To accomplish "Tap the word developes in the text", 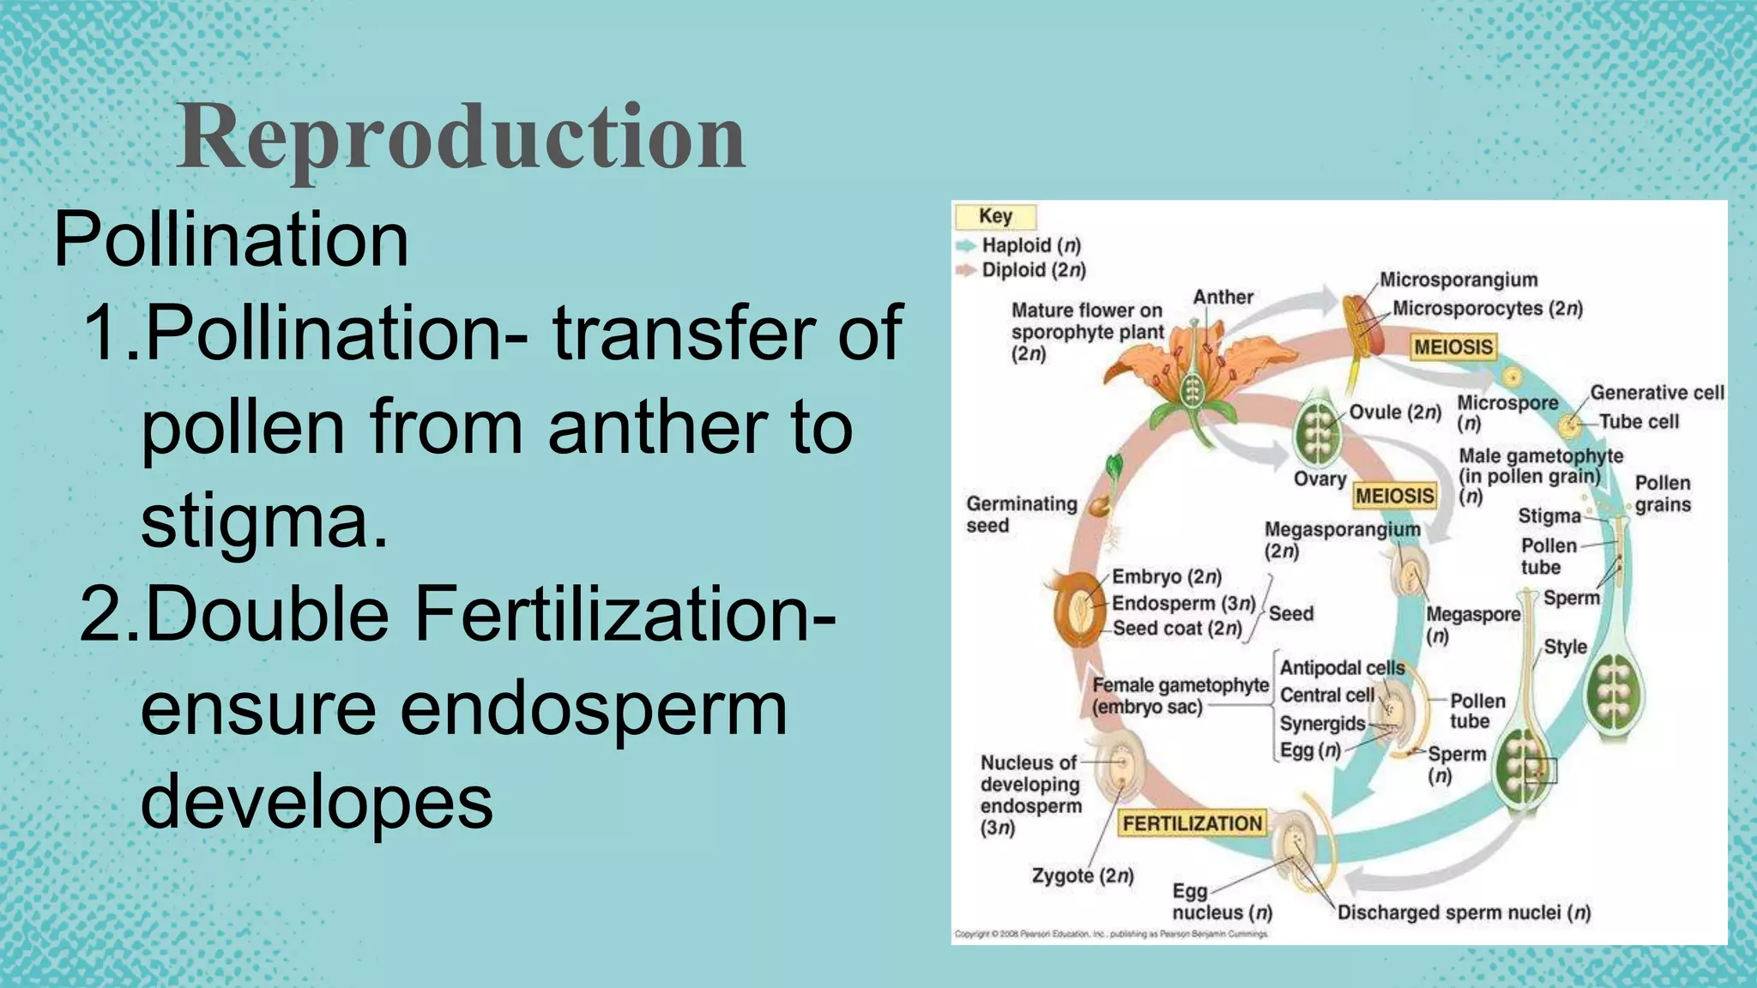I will pos(317,801).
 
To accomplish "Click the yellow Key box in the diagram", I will pos(995,216).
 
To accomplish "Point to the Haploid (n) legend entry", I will pos(1030,245).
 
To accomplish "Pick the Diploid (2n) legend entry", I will pos(1033,270).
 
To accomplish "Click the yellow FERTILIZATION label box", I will pos(1192,823).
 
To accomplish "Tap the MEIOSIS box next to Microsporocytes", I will pos(1453,347).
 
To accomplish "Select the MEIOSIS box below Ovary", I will pos(1394,496).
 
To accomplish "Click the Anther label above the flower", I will pos(1223,297).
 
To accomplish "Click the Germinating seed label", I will pos(1021,515).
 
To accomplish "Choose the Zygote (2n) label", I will pos(1082,876).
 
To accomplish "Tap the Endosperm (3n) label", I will pos(1183,603).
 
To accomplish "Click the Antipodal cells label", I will pos(1342,667).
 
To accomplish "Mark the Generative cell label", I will pos(1656,392).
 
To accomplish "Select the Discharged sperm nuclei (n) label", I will pos(1464,913).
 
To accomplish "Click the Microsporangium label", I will pos(1458,280).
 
